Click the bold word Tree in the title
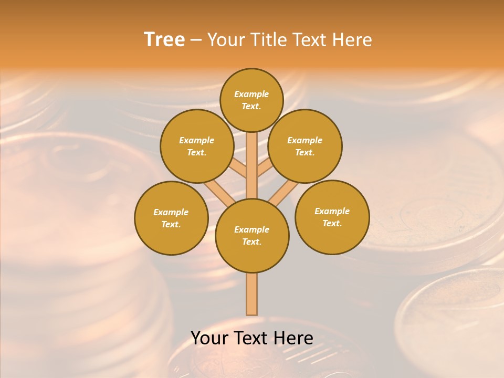pos(164,40)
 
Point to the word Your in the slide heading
pos(225,40)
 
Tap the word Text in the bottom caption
pos(249,338)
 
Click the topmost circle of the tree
pos(251,100)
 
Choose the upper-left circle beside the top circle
pos(196,146)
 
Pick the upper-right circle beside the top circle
pos(305,146)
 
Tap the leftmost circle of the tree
pos(171,218)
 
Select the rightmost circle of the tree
pos(332,217)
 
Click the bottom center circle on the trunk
pos(252,236)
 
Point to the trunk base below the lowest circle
pos(252,294)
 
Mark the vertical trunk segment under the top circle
pos(252,165)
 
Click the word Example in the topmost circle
pos(251,94)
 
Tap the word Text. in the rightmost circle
pos(332,223)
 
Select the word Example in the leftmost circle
pos(171,212)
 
